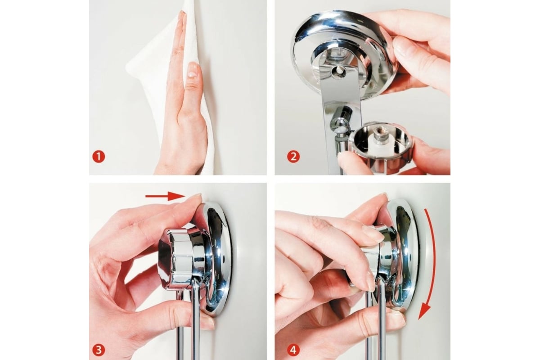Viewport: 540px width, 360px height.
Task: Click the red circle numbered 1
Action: (x=99, y=157)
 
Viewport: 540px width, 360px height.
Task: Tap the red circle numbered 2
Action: (x=293, y=157)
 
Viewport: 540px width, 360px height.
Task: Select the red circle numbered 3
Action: (x=99, y=350)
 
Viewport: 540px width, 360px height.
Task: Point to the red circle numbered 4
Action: (x=293, y=350)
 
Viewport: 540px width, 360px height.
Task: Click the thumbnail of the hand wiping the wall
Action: (x=178, y=88)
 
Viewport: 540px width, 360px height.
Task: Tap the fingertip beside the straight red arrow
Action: (x=195, y=198)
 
